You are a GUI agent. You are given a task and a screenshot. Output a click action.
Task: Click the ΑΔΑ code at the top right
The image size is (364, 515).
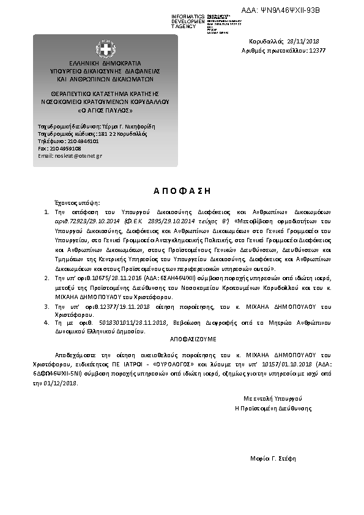click(297, 11)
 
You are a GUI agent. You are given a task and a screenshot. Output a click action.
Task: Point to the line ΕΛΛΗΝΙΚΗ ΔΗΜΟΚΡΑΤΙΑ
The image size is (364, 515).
click(105, 63)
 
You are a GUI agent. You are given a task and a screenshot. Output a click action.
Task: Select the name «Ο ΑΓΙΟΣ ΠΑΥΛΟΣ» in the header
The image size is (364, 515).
click(105, 111)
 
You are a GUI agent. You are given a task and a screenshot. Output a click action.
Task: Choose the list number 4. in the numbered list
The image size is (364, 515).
click(47, 321)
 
